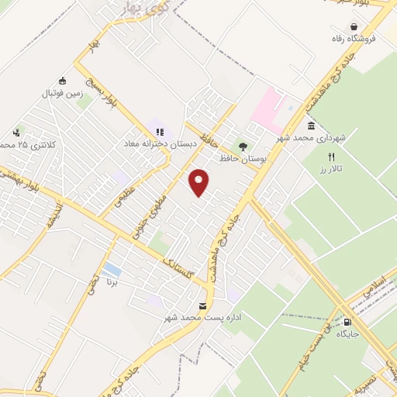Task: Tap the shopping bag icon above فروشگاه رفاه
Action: (x=354, y=26)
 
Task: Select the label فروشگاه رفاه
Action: (x=354, y=38)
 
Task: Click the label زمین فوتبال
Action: (x=62, y=92)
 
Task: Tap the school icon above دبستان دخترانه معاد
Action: (x=160, y=133)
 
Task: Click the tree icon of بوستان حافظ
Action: (x=243, y=147)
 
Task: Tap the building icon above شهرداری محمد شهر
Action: (x=310, y=126)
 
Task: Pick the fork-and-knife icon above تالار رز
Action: (x=331, y=156)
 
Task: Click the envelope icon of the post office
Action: (x=203, y=306)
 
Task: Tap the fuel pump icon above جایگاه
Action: (x=347, y=322)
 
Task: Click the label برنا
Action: (x=112, y=284)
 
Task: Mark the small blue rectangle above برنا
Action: (x=112, y=269)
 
